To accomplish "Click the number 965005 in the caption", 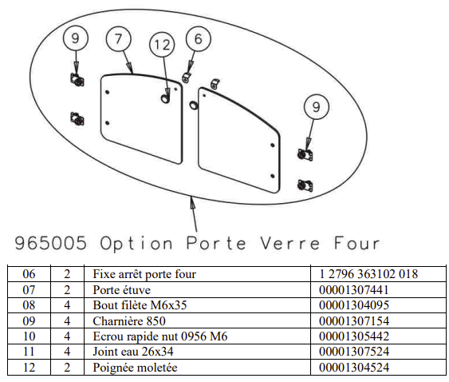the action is pos(51,243).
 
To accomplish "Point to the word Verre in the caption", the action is pos(289,244).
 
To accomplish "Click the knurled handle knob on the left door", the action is pos(165,99).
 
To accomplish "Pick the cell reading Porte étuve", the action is pos(122,290).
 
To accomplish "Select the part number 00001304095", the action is pos(354,305).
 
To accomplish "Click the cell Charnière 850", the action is pos(129,321).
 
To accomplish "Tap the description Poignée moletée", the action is pos(135,368).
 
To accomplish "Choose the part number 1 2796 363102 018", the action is pos(368,274).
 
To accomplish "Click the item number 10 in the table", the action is pos(29,336).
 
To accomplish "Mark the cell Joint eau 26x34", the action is pos(133,352).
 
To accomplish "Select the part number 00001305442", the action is pos(354,336).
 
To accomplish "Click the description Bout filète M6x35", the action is pos(140,305).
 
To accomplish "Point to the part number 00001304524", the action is pos(354,368).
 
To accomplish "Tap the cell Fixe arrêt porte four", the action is pos(144,274).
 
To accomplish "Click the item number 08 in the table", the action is pos(29,305).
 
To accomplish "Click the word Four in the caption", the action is pos(357,244).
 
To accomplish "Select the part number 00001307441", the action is pos(354,290).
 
